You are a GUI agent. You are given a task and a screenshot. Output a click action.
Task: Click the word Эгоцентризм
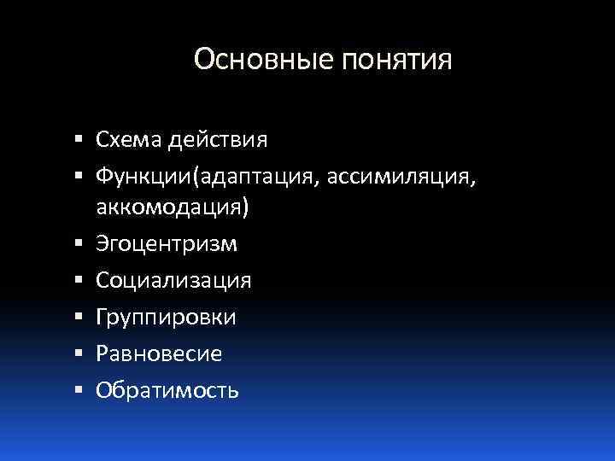(x=167, y=245)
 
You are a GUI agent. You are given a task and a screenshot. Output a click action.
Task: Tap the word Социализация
(x=173, y=281)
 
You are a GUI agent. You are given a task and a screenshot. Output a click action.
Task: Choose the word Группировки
(x=167, y=318)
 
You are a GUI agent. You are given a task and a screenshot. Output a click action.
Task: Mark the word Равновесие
(x=159, y=353)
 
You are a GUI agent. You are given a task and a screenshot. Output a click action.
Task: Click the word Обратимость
(x=167, y=390)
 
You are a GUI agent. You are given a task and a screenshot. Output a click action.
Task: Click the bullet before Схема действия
(x=79, y=138)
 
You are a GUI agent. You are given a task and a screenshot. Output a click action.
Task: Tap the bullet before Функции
(x=79, y=175)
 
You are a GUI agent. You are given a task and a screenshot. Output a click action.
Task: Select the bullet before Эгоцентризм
(x=79, y=244)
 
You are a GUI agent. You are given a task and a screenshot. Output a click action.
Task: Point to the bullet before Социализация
(x=79, y=280)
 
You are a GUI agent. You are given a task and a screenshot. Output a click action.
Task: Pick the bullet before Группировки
(x=79, y=317)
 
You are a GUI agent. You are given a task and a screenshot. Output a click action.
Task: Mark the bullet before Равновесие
(x=79, y=353)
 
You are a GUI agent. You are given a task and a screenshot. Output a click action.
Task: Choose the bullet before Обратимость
(x=79, y=389)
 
